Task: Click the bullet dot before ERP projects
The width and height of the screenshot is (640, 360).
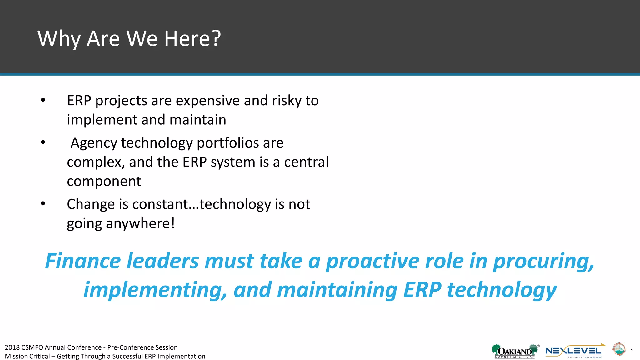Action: pyautogui.click(x=43, y=100)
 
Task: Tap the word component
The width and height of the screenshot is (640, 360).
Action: pyautogui.click(x=104, y=182)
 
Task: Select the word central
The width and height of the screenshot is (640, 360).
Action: pyautogui.click(x=306, y=162)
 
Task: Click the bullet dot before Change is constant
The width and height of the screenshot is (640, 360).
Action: pyautogui.click(x=43, y=204)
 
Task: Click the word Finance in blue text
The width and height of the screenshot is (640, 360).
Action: pyautogui.click(x=83, y=261)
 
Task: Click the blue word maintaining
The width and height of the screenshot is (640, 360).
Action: pyautogui.click(x=337, y=290)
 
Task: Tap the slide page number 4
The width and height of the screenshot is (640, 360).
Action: pyautogui.click(x=632, y=350)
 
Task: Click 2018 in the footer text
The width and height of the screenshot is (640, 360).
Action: pyautogui.click(x=12, y=347)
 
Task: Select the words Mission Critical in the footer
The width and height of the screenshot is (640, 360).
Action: pyautogui.click(x=27, y=357)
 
